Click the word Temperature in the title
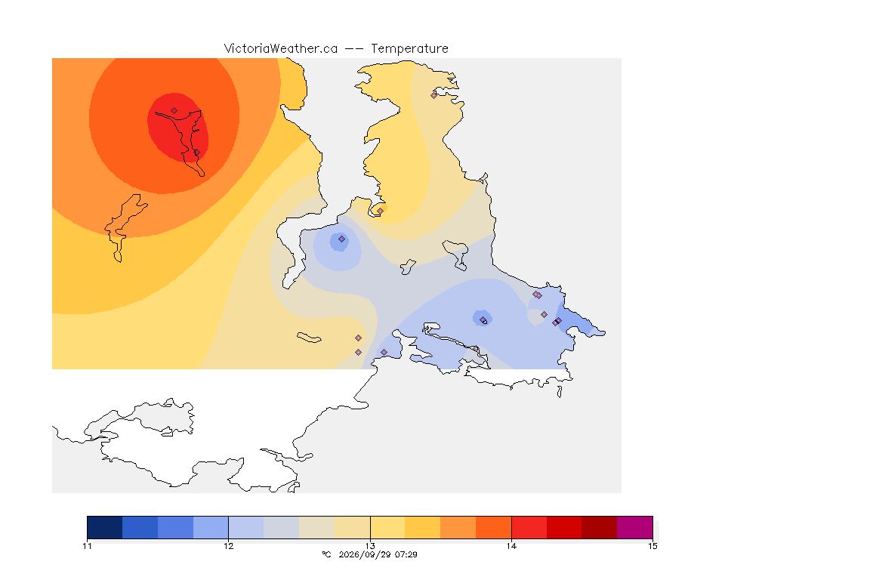[409, 49]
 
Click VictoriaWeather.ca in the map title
[281, 49]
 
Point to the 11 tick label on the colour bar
[87, 546]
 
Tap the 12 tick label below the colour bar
[229, 546]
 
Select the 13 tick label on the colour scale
[370, 546]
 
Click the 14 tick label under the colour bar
[511, 546]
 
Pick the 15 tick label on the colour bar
[652, 546]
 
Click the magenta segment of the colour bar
[634, 527]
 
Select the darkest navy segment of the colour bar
[105, 527]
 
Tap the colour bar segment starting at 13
[388, 527]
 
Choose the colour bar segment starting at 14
[529, 527]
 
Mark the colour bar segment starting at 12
[246, 527]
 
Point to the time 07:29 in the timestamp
[406, 554]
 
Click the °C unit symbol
[327, 554]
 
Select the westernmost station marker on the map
[174, 111]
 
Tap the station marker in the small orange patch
[380, 211]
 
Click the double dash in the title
[354, 49]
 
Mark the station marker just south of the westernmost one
[196, 153]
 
